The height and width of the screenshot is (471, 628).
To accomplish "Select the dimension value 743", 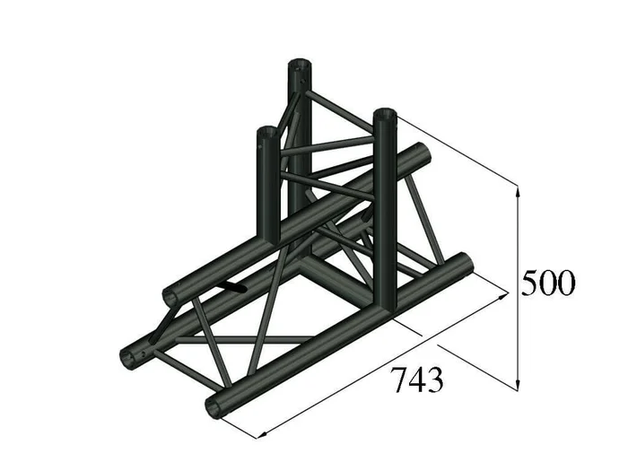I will [416, 380].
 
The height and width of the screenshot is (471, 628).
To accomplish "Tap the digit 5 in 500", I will [530, 283].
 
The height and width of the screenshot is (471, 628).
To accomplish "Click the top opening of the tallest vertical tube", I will [300, 65].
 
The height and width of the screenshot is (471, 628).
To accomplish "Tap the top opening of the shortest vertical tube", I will [266, 134].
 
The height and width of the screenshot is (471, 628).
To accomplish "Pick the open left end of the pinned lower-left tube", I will [132, 355].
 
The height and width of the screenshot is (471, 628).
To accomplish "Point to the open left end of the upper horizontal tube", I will [170, 294].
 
